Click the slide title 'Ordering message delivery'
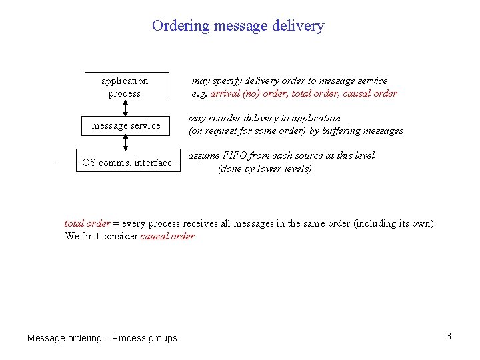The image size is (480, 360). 238,26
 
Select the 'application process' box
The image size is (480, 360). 125,87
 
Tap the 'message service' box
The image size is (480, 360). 126,125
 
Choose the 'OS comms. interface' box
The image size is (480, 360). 127,163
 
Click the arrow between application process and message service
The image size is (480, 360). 125,107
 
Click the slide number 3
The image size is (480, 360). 449,336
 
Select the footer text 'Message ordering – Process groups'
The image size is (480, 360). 102,338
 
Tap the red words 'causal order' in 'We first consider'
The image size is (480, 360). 167,236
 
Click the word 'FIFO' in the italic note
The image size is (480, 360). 236,155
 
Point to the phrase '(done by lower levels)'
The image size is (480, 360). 265,169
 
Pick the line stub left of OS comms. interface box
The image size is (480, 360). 65,163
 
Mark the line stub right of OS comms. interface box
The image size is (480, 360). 190,163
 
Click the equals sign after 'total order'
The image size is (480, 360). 116,223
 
